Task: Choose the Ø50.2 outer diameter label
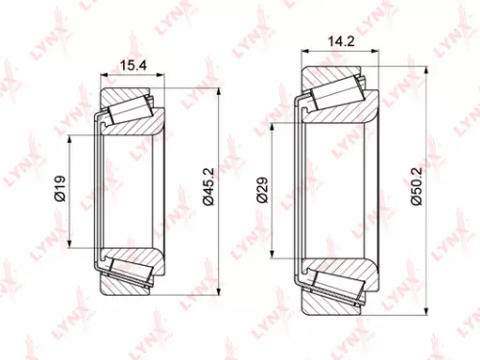tap(413, 190)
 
